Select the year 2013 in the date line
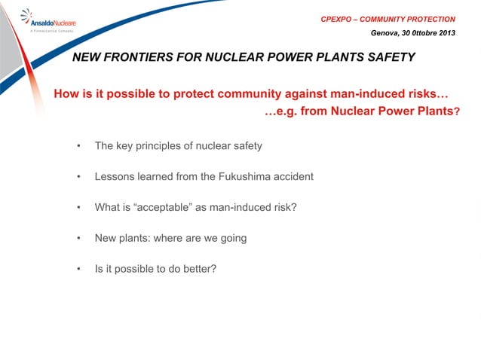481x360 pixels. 445,32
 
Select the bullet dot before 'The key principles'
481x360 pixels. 78,145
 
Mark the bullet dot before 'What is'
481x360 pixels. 78,207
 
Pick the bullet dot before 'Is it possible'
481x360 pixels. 78,269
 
